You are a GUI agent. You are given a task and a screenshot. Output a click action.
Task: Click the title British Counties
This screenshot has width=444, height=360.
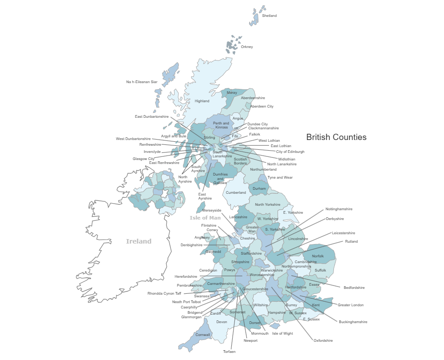pyautogui.click(x=337, y=137)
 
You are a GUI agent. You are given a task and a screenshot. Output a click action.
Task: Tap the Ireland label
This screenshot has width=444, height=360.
pyautogui.click(x=139, y=241)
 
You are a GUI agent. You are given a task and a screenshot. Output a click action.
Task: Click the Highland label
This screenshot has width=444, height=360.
pyautogui.click(x=202, y=101)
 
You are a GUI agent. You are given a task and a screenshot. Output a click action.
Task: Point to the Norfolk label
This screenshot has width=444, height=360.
pyautogui.click(x=318, y=256)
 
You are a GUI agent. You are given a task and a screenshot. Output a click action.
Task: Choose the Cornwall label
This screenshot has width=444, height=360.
pyautogui.click(x=202, y=334)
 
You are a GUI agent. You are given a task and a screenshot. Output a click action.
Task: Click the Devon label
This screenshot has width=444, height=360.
pyautogui.click(x=222, y=321)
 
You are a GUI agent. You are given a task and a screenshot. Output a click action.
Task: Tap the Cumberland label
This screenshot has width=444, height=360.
pyautogui.click(x=236, y=192)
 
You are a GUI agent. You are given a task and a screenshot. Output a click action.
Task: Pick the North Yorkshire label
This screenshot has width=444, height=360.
pyautogui.click(x=268, y=204)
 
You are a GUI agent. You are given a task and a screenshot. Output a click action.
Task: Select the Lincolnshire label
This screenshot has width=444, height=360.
pyautogui.click(x=298, y=239)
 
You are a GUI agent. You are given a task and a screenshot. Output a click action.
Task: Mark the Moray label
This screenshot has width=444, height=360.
pyautogui.click(x=232, y=92)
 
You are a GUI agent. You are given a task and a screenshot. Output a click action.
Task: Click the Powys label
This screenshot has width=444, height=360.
pyautogui.click(x=230, y=270)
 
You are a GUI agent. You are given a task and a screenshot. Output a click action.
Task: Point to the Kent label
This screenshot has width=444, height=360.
pyautogui.click(x=316, y=305)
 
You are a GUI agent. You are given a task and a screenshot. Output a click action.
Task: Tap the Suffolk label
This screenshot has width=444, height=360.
pyautogui.click(x=320, y=270)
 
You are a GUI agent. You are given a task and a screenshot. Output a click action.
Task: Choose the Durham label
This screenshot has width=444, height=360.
pyautogui.click(x=259, y=188)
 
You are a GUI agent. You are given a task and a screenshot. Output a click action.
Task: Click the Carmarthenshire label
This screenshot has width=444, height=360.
pyautogui.click(x=221, y=283)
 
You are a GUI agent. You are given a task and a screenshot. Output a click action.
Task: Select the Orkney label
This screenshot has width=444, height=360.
pyautogui.click(x=246, y=47)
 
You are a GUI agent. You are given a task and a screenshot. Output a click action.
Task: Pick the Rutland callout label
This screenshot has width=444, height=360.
pyautogui.click(x=351, y=241)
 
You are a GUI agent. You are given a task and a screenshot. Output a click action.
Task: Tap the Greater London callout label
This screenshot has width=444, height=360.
pyautogui.click(x=351, y=305)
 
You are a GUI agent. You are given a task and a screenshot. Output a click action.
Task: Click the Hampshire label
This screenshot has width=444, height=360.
pyautogui.click(x=277, y=312)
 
